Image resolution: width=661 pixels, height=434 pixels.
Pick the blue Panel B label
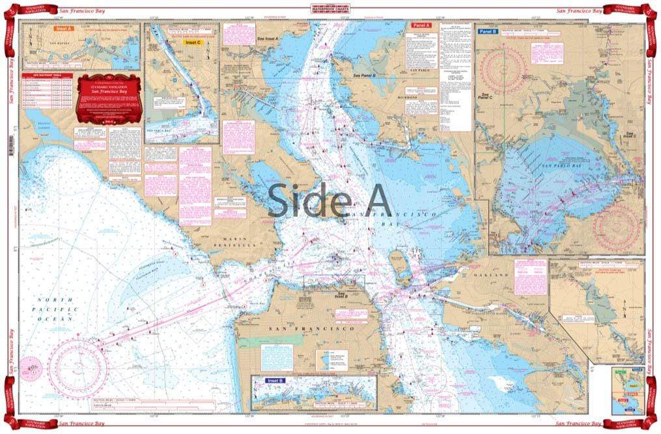coord(488,31)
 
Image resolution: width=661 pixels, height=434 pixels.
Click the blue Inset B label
coord(275,381)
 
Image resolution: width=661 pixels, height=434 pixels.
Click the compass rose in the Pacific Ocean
coord(78,368)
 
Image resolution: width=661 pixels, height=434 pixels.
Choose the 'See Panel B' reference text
coord(365,75)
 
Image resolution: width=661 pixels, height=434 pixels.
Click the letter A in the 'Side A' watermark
coord(373,199)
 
